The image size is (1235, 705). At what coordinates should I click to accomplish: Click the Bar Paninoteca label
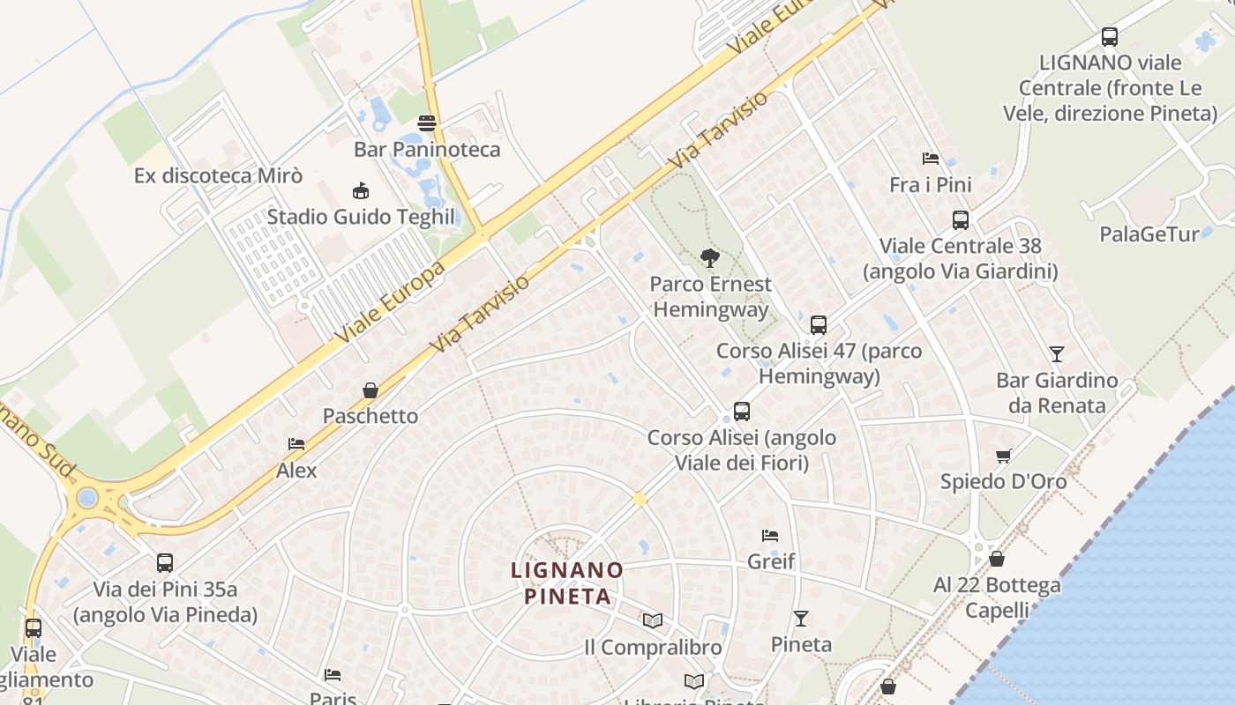coord(427,149)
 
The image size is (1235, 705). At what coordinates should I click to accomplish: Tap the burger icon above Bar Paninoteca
coord(427,122)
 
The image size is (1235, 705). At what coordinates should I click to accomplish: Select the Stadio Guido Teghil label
coord(361,217)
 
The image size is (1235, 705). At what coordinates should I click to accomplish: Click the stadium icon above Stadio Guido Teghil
coord(360,190)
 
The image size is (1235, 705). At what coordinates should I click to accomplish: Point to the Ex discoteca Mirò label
coord(218,175)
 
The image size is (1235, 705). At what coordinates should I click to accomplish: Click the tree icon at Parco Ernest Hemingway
coord(709,258)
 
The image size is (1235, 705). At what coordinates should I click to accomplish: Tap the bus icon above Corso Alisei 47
coord(819,324)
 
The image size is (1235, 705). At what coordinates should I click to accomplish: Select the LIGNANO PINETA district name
coord(567,583)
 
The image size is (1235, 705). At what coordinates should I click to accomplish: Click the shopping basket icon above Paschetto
coord(370,390)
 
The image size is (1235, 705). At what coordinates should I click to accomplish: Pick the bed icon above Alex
coord(296,444)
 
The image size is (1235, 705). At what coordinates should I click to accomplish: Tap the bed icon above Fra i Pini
coord(931,159)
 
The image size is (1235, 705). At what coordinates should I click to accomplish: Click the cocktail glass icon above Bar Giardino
coord(1057,354)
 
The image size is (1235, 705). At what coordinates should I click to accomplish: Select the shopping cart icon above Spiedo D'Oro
coord(1003,456)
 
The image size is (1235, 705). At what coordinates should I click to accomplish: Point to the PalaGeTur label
coord(1149,234)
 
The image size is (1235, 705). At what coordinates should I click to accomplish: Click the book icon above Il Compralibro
coord(653,621)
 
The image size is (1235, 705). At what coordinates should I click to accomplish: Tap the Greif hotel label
coord(771,561)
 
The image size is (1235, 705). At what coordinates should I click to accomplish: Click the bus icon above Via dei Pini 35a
coord(165,563)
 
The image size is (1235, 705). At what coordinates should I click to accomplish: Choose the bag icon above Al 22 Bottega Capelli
coord(997,559)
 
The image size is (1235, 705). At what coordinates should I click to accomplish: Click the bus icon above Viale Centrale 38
coord(961,219)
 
